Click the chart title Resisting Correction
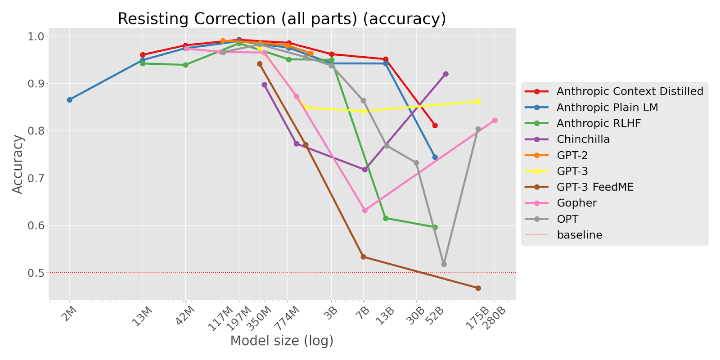pos(281,19)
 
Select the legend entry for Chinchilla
pos(583,139)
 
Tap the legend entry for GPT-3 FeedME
pos(595,187)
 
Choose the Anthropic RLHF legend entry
pos(598,123)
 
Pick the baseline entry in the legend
pos(579,235)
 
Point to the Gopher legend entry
pos(576,203)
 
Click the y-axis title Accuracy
pos(18,164)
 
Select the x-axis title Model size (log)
pos(282,341)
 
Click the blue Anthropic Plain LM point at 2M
pos(70,100)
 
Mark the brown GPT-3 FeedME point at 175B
pos(478,288)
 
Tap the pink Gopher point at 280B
pos(495,121)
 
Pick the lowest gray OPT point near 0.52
pos(444,264)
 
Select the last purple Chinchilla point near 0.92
pos(445,74)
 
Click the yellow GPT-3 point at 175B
pos(478,101)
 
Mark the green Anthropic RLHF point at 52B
pos(435,227)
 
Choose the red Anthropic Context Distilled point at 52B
pos(435,126)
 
